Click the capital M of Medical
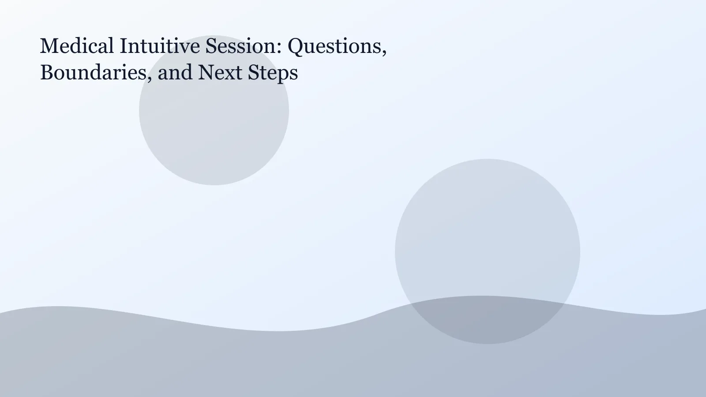click(48, 46)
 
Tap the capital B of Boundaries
click(46, 72)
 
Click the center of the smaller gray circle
click(214, 110)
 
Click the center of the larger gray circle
click(488, 251)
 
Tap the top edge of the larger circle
click(488, 159)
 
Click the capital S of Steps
click(253, 72)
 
